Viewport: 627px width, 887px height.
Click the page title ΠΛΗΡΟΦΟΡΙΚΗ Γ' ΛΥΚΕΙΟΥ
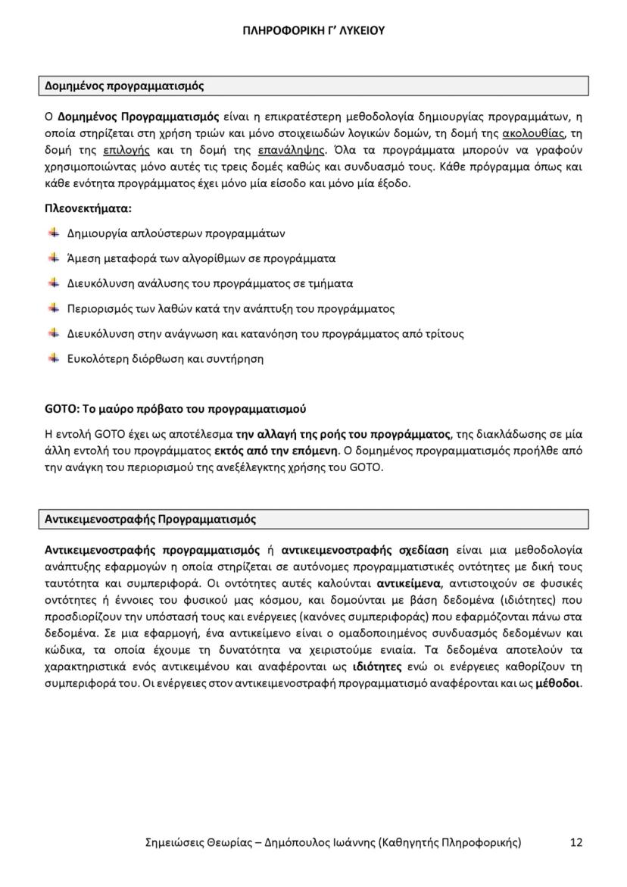[x=313, y=31]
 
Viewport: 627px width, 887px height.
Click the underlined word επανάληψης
[x=291, y=150]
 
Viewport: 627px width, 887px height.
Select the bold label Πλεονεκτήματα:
[x=88, y=208]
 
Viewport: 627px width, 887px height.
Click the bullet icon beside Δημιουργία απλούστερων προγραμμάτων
[x=54, y=233]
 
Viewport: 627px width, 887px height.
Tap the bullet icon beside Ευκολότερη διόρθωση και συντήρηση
[x=54, y=358]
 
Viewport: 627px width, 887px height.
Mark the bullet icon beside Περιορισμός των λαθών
[x=54, y=308]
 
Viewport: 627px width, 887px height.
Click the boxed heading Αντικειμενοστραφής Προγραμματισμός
[x=151, y=520]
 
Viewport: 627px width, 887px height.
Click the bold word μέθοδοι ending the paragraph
[x=557, y=684]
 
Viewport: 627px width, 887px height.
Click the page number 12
[x=576, y=842]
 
